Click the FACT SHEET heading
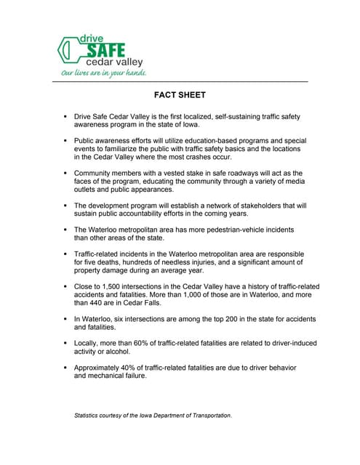180,95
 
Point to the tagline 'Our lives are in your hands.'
104,73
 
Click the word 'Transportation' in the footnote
207,416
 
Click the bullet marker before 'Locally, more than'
65,347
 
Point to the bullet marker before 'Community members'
65,174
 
